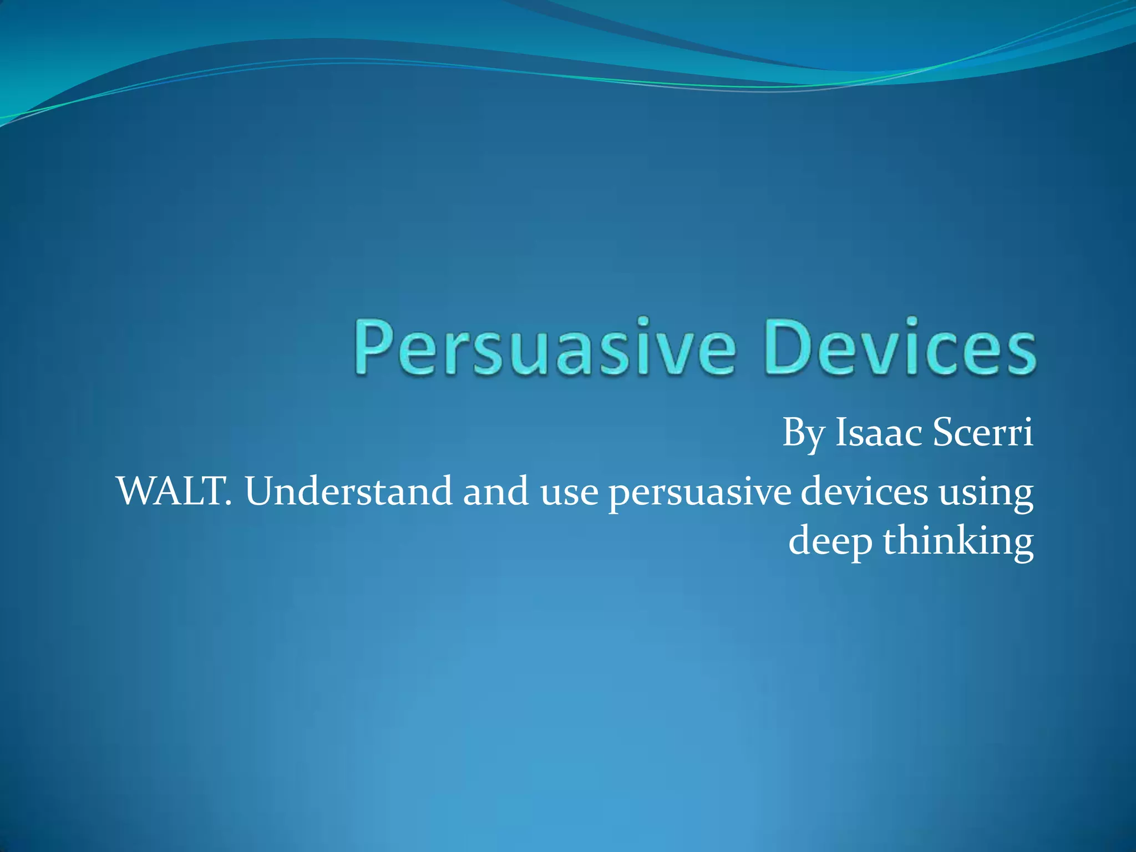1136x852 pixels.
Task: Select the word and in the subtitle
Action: [496, 491]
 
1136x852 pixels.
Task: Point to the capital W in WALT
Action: [136, 491]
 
